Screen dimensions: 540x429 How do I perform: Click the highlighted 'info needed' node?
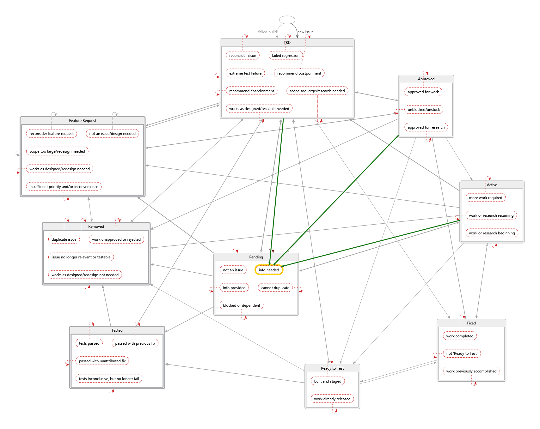pos(269,270)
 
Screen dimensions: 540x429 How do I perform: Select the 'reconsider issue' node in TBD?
pos(243,56)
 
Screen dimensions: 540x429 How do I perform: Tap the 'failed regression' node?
pos(285,56)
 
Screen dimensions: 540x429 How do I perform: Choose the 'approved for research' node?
pos(426,127)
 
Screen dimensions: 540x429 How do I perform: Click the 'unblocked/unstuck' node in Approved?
pos(424,110)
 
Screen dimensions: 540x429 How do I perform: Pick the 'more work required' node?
pos(486,198)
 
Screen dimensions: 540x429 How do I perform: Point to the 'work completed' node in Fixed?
pos(460,336)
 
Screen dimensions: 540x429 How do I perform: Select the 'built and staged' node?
pos(328,381)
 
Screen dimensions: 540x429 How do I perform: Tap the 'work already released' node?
pos(332,399)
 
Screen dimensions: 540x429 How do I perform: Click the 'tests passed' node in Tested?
pos(89,343)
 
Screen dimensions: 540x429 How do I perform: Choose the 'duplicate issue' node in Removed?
pos(64,239)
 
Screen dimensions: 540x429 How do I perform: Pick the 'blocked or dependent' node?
pos(242,305)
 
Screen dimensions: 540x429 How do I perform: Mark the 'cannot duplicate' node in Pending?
pos(275,288)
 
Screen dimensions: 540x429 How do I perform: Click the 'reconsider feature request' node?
pos(52,134)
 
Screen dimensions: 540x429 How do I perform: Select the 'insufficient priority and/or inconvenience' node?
pos(64,187)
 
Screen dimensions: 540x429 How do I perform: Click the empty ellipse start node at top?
pos(287,20)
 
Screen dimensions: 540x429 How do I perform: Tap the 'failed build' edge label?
pos(267,32)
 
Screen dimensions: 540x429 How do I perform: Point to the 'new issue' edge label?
pos(305,32)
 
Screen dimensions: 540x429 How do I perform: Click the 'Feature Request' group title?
pos(83,121)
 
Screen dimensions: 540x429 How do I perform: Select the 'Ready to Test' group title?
pos(332,368)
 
